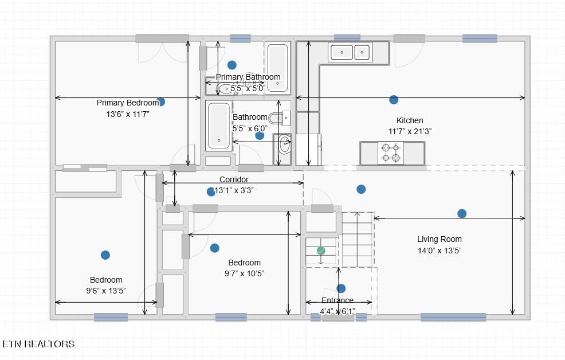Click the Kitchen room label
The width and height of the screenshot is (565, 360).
tap(410, 120)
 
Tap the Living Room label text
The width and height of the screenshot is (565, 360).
tap(440, 239)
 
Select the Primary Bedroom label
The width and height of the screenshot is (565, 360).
tap(128, 103)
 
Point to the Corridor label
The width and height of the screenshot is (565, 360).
tap(234, 179)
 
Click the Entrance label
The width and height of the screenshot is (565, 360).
tap(338, 300)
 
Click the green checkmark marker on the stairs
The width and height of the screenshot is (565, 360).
tap(321, 251)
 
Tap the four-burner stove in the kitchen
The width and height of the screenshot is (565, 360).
tap(391, 153)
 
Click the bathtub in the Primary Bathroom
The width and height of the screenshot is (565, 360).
tap(277, 68)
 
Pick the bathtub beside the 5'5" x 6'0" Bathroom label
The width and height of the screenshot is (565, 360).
tap(219, 126)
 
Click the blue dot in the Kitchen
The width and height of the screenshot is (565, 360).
tap(394, 100)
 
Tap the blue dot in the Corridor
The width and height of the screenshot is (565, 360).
tap(211, 191)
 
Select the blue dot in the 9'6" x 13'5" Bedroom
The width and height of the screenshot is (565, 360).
tap(105, 255)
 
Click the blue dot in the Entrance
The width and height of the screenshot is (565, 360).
tap(341, 288)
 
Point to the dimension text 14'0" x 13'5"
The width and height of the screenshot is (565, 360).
tap(440, 251)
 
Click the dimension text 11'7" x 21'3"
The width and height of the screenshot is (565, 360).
tap(410, 131)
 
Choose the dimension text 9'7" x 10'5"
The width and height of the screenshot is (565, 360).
tap(244, 273)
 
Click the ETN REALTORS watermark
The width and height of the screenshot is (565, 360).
tap(38, 344)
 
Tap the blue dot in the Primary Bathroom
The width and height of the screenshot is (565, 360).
tap(232, 65)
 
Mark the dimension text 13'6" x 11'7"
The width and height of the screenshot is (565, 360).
tap(128, 114)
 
